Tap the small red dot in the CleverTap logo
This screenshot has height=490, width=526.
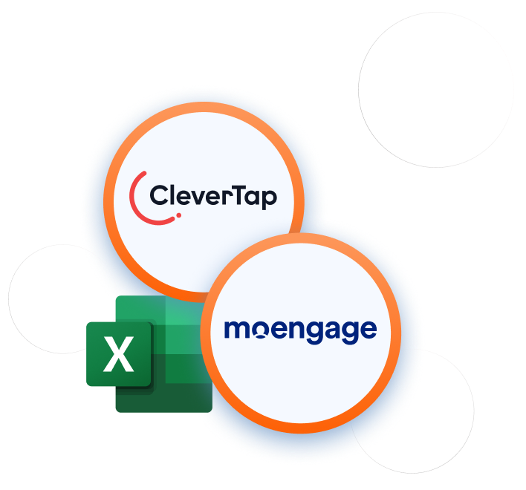point(178,217)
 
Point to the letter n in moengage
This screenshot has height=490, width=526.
point(299,329)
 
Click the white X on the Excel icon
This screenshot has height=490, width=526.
point(119,354)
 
